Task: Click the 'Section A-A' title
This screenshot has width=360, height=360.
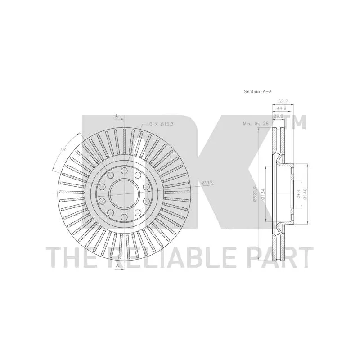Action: [258, 92]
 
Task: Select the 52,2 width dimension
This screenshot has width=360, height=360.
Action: [283, 102]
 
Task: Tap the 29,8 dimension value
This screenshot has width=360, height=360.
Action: [279, 116]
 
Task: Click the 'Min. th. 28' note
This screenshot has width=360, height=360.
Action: [256, 123]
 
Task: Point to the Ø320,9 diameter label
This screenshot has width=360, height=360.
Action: [255, 193]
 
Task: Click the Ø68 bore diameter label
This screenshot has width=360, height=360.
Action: [299, 193]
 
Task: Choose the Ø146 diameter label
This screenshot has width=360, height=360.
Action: [306, 193]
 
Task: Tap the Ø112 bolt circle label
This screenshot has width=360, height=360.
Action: [207, 183]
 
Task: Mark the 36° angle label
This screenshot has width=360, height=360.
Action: [63, 149]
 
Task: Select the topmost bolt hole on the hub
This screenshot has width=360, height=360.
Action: [123, 171]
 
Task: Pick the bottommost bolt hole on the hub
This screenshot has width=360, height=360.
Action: [123, 218]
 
